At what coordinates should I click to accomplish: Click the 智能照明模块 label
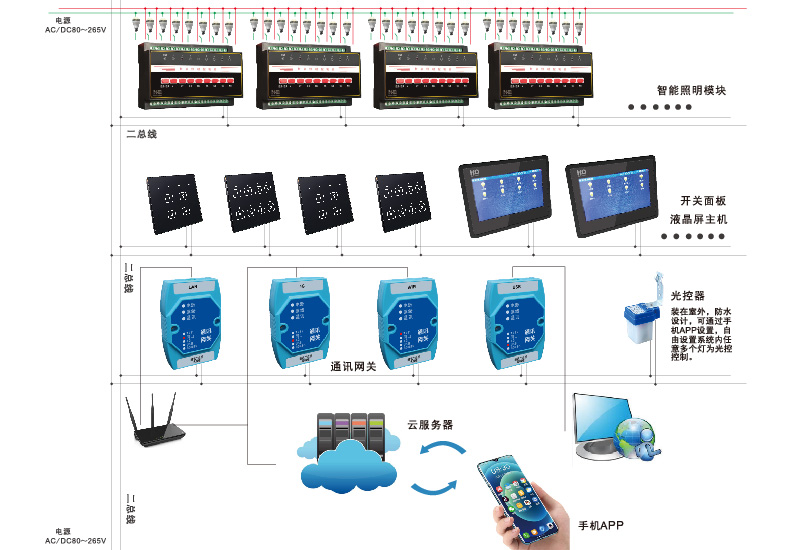click(x=691, y=90)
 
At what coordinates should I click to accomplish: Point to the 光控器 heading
click(x=688, y=296)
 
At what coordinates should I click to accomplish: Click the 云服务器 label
click(x=430, y=424)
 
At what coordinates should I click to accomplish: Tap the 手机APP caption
click(x=601, y=526)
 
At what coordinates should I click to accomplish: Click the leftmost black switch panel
click(x=173, y=204)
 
